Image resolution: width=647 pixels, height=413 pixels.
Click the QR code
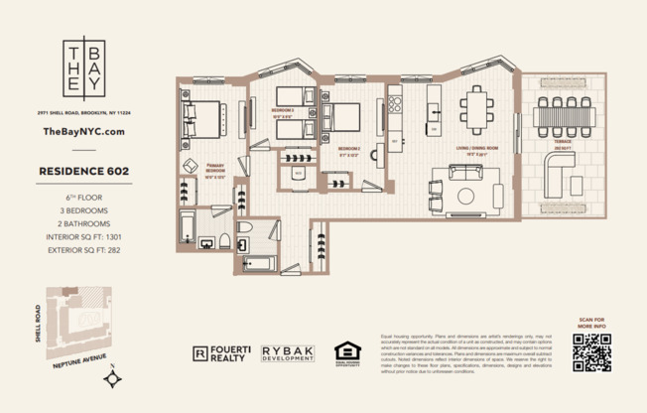click(591, 352)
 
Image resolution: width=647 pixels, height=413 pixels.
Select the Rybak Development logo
click(288, 352)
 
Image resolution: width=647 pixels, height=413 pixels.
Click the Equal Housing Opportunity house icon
click(346, 352)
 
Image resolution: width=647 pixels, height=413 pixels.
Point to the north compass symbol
click(116, 376)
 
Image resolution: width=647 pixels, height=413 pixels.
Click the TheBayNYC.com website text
click(84, 131)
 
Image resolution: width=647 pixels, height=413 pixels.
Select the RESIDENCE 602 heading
click(84, 171)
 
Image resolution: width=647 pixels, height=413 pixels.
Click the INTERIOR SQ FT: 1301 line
click(84, 237)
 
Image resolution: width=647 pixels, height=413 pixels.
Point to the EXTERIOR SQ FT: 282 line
click(84, 251)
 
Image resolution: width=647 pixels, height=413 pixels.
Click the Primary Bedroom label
click(216, 168)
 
